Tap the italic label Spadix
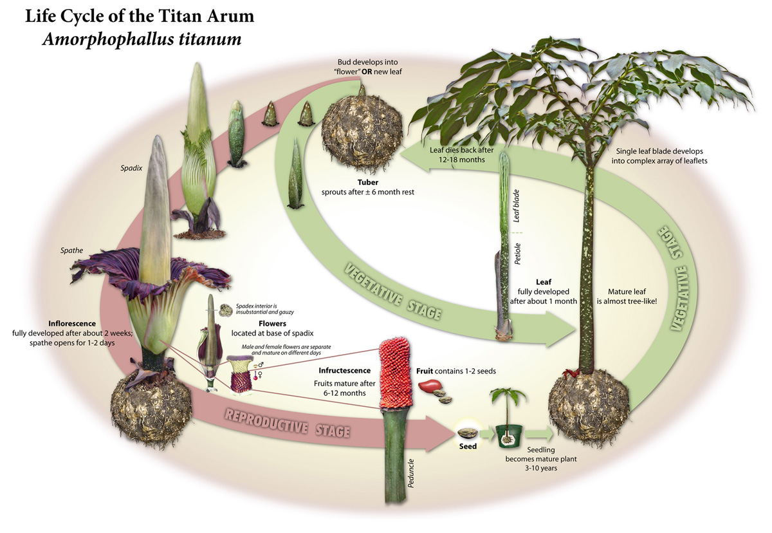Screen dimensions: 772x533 131,168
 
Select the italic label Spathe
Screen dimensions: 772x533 71,250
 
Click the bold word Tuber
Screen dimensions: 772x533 368,182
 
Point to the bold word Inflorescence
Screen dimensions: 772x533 72,323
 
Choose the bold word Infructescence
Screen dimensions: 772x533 345,371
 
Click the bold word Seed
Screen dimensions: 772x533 468,447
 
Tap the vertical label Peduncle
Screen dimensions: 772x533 410,473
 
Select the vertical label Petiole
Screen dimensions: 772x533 517,254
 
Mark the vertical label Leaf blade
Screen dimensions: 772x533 516,206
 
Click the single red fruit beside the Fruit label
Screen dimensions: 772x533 430,386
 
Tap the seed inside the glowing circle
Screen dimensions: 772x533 468,433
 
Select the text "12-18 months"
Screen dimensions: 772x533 461,160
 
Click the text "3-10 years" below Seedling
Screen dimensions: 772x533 541,468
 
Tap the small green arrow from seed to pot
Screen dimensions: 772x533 486,433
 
